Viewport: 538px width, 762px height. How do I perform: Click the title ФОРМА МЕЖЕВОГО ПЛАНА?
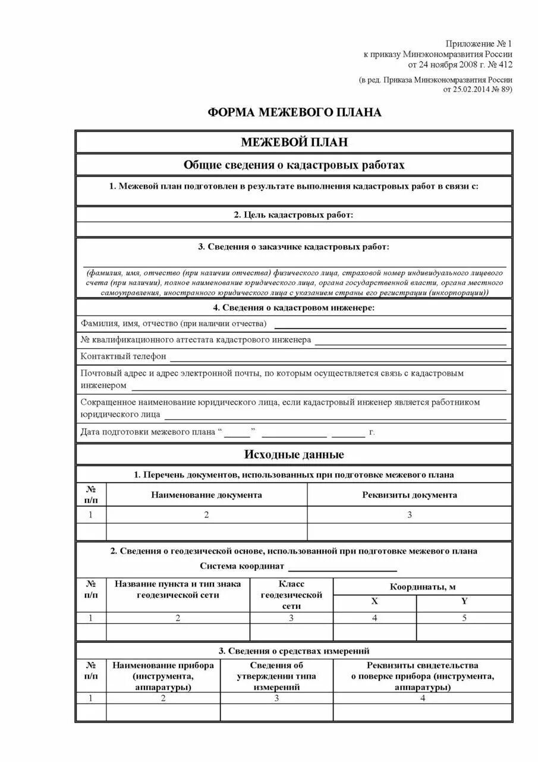(294, 113)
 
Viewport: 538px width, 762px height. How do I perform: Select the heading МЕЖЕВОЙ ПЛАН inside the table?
(294, 142)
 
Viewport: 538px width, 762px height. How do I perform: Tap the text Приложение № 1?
(479, 44)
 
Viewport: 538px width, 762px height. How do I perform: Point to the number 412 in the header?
(504, 64)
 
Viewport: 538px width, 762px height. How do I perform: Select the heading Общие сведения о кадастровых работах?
(294, 164)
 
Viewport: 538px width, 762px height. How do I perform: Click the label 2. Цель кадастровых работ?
(294, 214)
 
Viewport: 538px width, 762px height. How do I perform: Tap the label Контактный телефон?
(123, 357)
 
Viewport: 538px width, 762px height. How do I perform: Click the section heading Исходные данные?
(294, 455)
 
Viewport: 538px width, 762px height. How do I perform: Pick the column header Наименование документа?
(206, 495)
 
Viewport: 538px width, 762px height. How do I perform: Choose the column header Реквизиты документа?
(409, 495)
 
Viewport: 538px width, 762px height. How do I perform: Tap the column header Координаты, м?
(422, 586)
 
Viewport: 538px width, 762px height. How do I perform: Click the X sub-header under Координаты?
(375, 601)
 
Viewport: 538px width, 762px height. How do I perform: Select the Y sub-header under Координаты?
(464, 601)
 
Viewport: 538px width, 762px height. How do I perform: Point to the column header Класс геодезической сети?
(291, 595)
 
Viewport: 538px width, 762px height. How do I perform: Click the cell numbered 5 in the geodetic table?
(464, 618)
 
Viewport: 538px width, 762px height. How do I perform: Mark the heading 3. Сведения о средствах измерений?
(294, 651)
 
